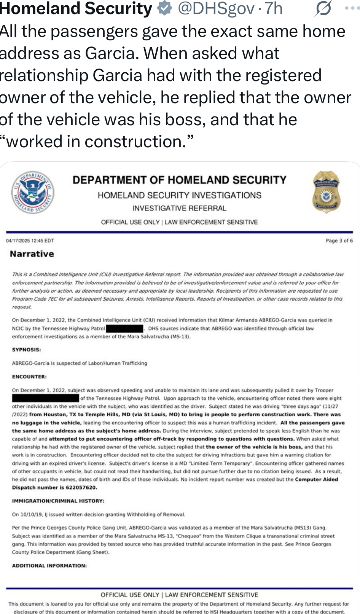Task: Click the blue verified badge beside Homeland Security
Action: [x=164, y=8]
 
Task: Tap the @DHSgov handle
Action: [x=216, y=8]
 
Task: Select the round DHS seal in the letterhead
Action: [x=32, y=191]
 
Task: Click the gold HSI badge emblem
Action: [x=326, y=191]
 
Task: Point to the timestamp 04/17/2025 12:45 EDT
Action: [x=30, y=241]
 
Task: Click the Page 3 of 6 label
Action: [x=339, y=241]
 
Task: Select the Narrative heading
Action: [x=32, y=254]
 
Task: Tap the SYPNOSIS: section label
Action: [x=27, y=349]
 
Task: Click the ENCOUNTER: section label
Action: [x=29, y=376]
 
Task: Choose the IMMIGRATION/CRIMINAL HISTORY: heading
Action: [x=58, y=501]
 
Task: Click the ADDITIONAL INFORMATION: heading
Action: [x=49, y=566]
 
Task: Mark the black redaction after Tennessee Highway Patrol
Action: [x=124, y=329]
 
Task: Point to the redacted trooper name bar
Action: [x=46, y=399]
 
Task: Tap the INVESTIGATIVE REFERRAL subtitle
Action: [x=179, y=208]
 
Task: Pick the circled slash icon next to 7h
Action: [x=323, y=8]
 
